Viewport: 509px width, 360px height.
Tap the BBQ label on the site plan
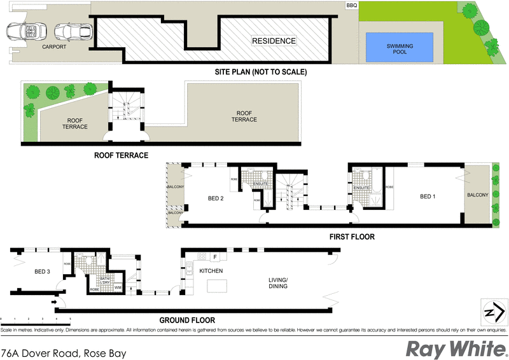351,5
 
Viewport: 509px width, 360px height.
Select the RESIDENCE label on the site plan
274,41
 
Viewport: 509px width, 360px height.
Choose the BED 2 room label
216,198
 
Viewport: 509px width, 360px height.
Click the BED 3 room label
42,272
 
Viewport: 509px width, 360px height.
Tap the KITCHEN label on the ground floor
210,270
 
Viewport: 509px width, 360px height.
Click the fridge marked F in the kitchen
216,257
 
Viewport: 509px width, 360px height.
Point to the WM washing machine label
118,288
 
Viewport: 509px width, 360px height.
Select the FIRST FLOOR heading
352,237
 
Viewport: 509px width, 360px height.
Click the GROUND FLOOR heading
188,320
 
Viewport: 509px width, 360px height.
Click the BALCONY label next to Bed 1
478,195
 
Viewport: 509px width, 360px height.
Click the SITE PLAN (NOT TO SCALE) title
261,72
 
